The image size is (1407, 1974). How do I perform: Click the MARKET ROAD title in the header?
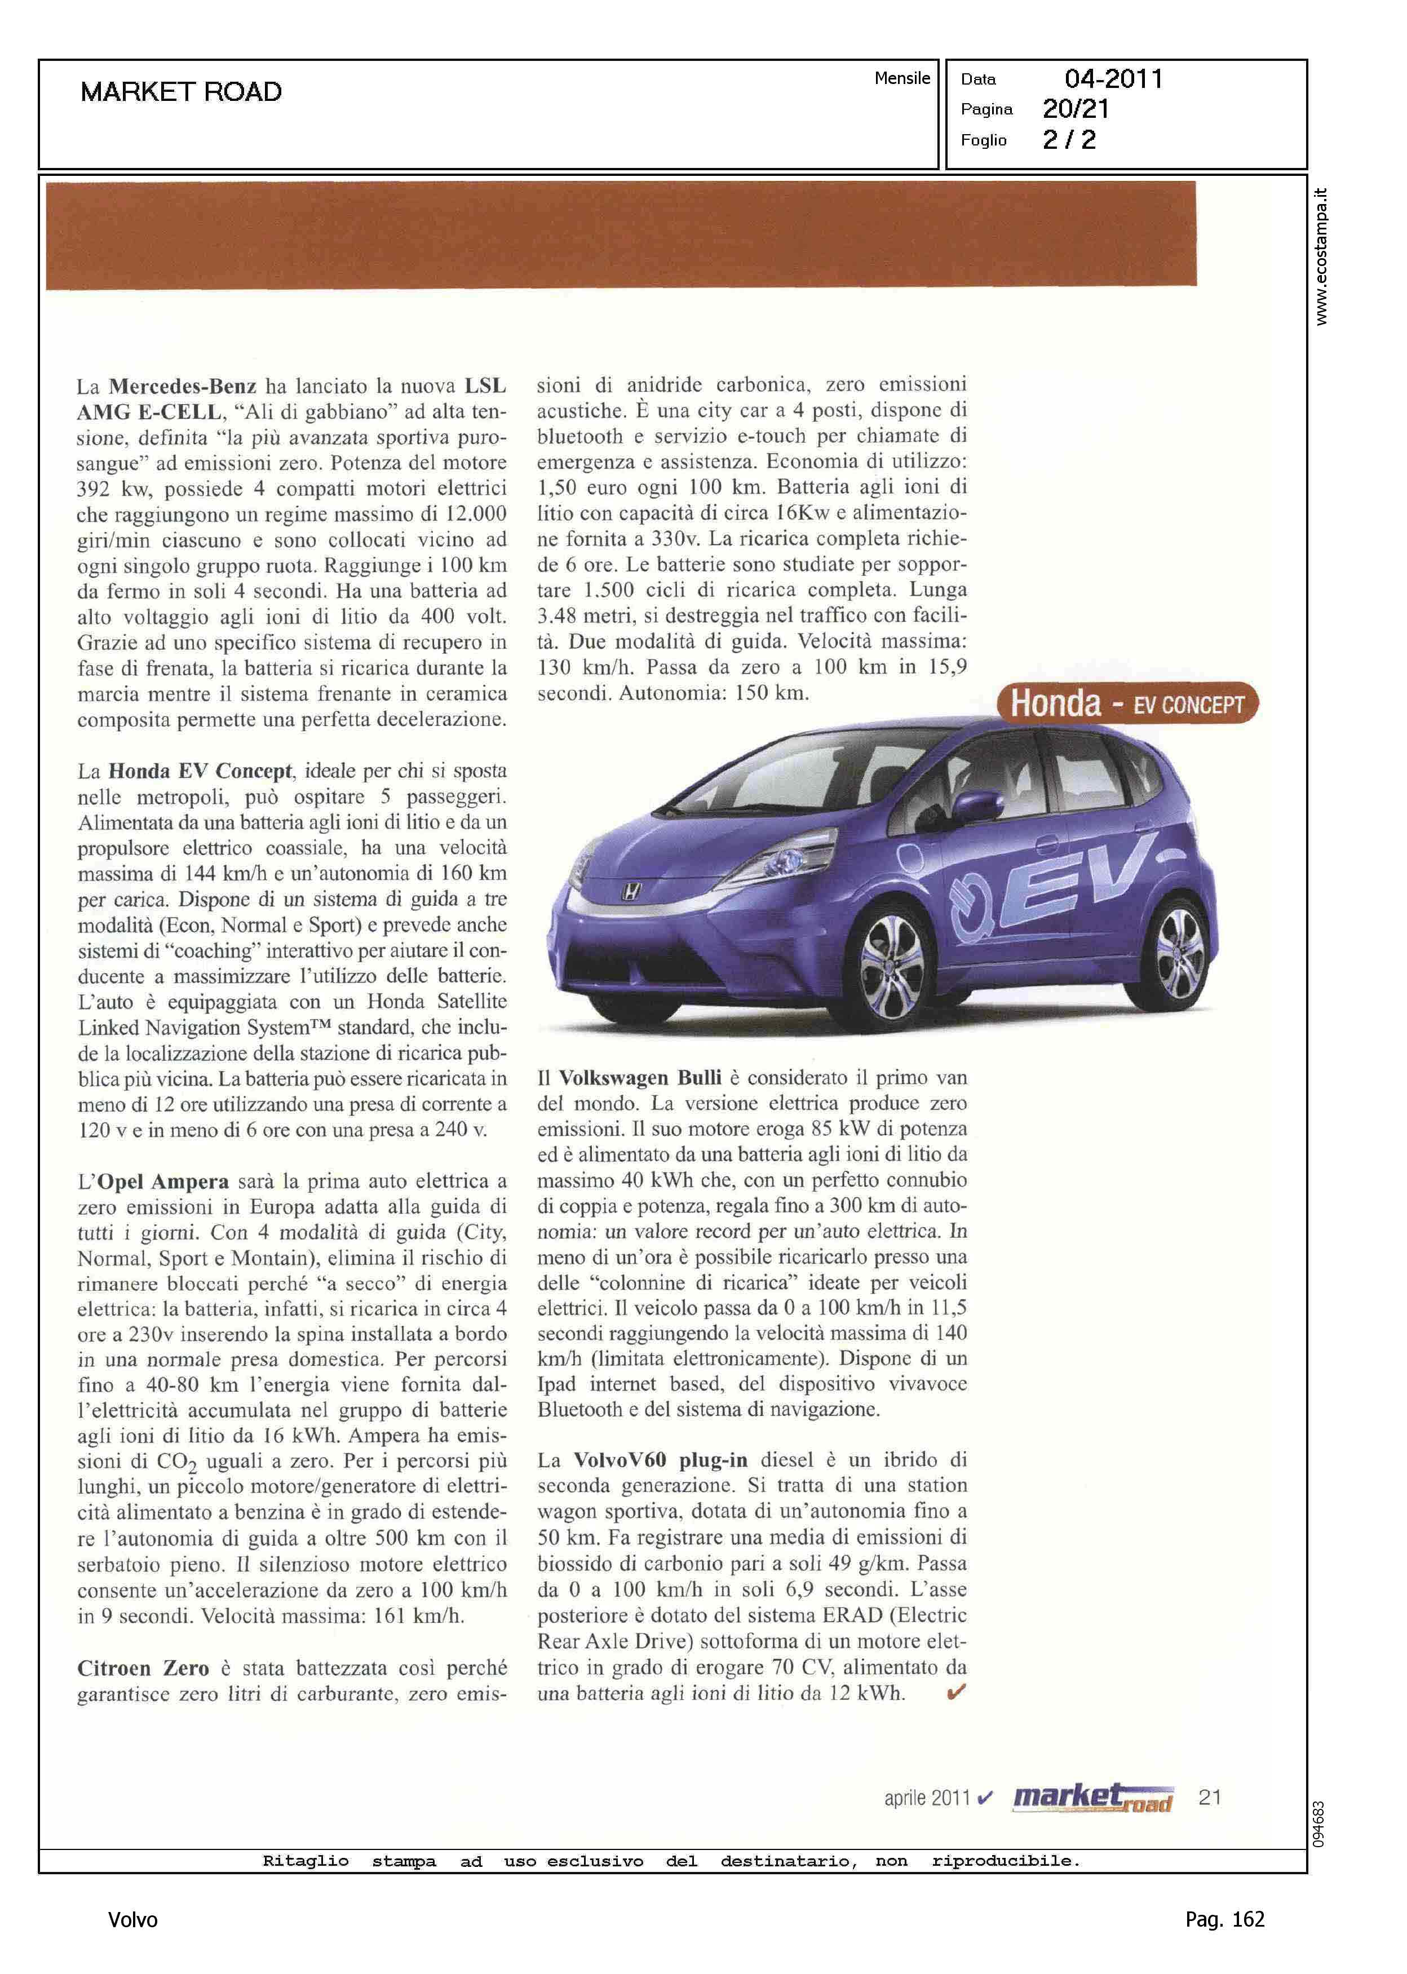(x=181, y=92)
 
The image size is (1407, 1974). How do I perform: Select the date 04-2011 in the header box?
(x=1113, y=79)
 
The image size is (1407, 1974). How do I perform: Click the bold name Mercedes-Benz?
(x=182, y=386)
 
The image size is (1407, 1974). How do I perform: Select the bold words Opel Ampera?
(x=163, y=1181)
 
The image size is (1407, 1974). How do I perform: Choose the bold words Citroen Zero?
(x=143, y=1668)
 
